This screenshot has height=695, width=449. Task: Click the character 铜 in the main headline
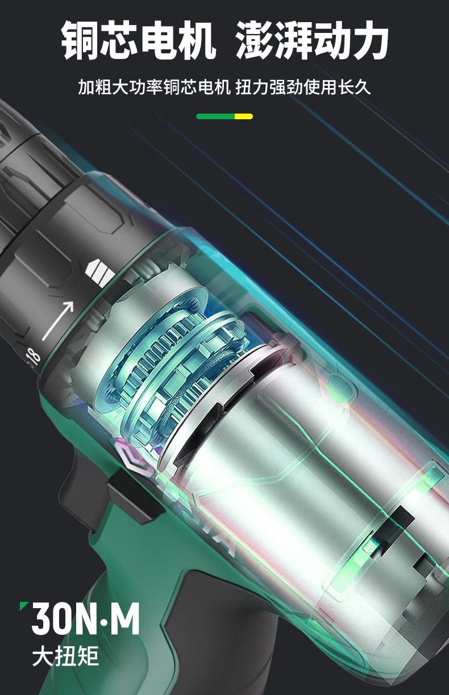pos(80,40)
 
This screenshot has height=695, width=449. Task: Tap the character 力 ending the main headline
pos(369,40)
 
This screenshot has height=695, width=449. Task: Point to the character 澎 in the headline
pos(254,40)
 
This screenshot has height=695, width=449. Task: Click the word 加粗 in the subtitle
pos(95,87)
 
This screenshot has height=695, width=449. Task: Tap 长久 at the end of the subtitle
pos(354,87)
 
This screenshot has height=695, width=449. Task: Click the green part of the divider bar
pos(215,116)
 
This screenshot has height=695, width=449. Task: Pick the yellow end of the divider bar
pos(244,116)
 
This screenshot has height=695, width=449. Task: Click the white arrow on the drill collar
pos(58,320)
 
